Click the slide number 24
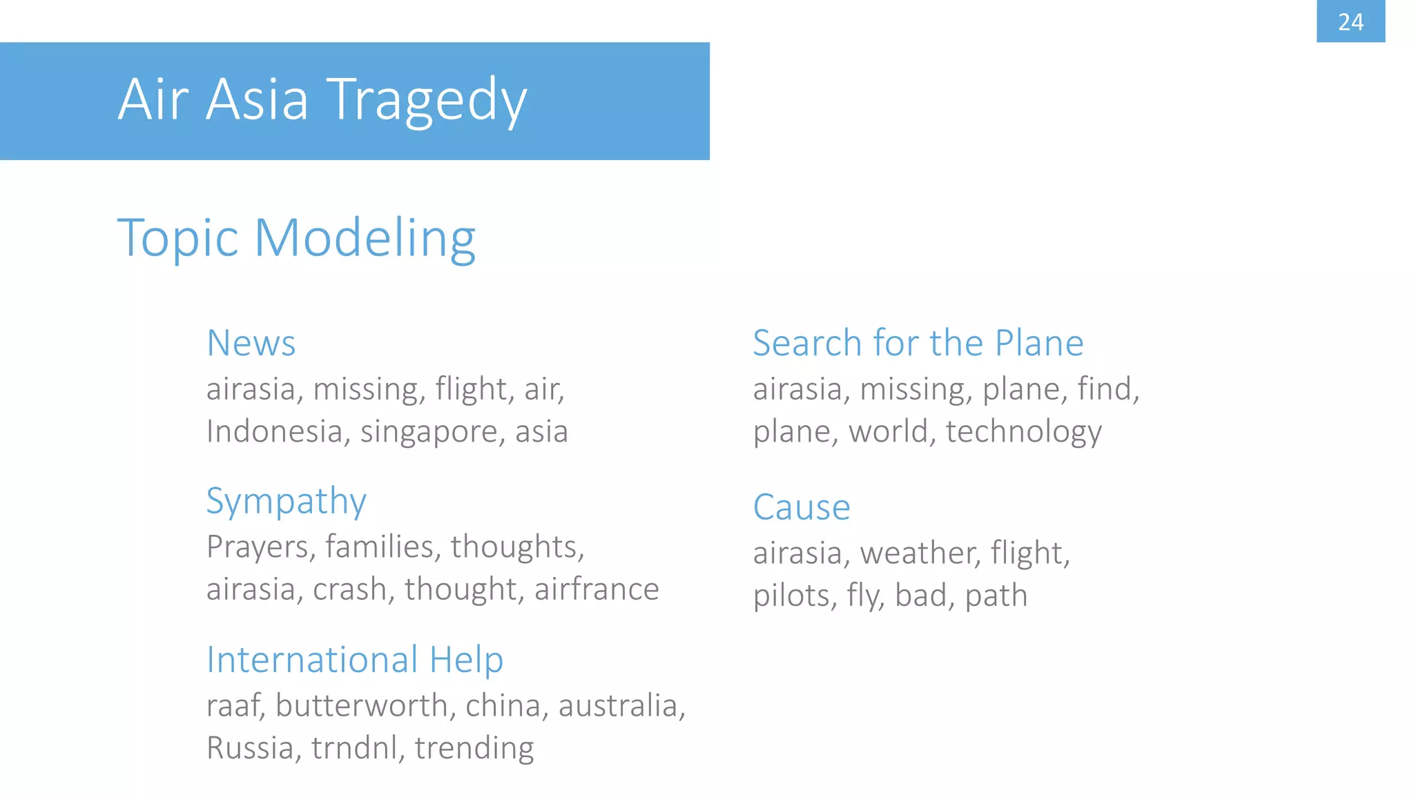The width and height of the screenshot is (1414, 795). tap(1350, 22)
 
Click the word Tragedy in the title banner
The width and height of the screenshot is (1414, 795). tap(426, 100)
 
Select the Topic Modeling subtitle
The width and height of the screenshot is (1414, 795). tap(296, 238)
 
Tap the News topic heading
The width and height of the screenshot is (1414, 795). tap(251, 343)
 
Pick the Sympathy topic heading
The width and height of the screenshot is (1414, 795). tap(286, 501)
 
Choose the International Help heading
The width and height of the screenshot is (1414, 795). tap(355, 659)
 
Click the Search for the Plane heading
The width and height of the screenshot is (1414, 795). tap(918, 343)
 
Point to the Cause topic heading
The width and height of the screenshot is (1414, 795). tap(801, 507)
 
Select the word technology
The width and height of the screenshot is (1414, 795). tap(1023, 432)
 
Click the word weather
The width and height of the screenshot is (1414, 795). tap(919, 553)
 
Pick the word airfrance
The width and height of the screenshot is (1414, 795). tap(597, 589)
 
